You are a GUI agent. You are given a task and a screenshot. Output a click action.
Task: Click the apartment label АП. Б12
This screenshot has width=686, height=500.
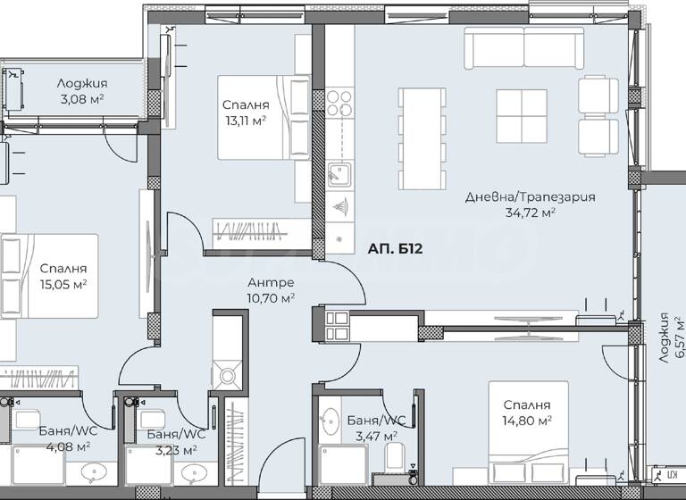[396, 250]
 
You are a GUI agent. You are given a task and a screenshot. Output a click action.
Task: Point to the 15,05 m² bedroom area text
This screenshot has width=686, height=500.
[64, 284]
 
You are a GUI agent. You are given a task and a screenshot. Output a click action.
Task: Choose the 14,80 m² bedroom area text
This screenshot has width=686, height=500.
[526, 418]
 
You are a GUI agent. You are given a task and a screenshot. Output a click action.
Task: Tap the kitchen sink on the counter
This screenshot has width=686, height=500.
[338, 171]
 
